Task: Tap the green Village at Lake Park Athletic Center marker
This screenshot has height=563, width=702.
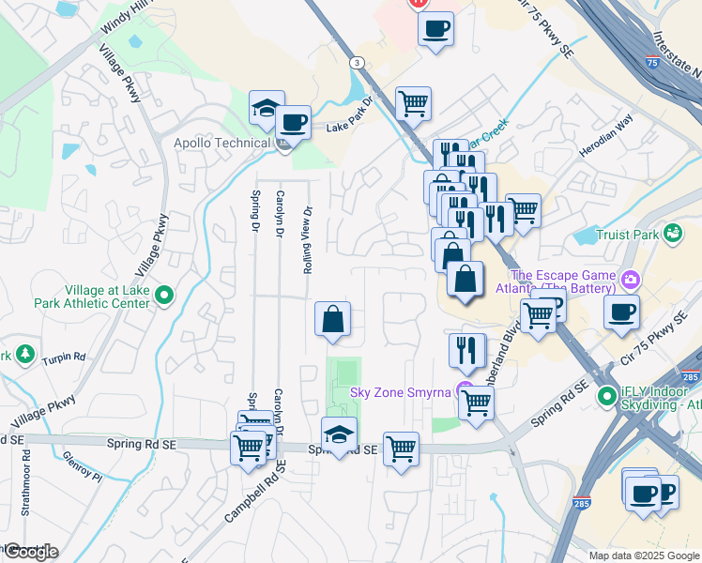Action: tap(164, 297)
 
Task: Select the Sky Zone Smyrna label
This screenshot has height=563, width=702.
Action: tap(401, 391)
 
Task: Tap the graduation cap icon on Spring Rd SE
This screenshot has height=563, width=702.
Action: tap(339, 433)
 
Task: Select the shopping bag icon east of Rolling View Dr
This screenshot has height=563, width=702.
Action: tap(332, 319)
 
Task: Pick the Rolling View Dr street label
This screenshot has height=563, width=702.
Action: tap(307, 240)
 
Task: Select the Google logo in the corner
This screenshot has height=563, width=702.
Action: tap(30, 552)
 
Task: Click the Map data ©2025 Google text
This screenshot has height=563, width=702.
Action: tap(644, 555)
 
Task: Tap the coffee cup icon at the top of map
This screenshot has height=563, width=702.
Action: tap(435, 27)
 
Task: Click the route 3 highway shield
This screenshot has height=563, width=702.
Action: tap(358, 62)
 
